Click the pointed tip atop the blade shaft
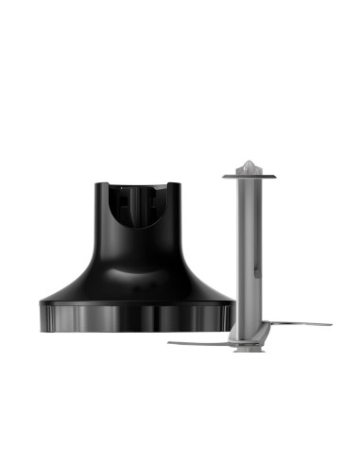pos(247,164)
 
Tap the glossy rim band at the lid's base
pos(137,316)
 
